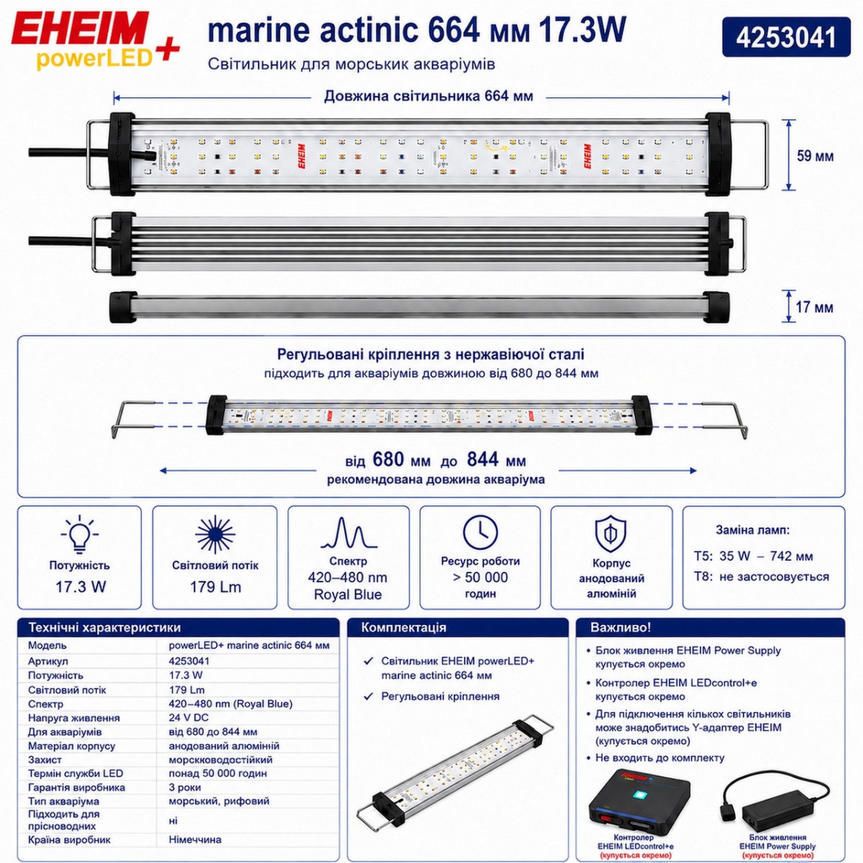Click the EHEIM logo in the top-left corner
coord(96,40)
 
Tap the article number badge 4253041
coord(786,37)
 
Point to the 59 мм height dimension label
coord(815,156)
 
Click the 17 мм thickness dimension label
coord(814,307)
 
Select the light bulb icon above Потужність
coord(80,534)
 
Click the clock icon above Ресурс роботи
coord(480,532)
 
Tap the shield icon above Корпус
coord(611,534)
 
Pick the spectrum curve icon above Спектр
coord(348,533)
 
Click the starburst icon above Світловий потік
coord(215,534)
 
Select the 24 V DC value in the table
coord(188,718)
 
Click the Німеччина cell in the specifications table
coord(195,839)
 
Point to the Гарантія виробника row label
coord(76,787)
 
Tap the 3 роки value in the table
coord(185,787)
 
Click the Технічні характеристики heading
coord(105,627)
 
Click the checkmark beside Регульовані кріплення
coord(369,696)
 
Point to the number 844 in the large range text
coord(483,459)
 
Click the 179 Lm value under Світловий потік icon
coord(216,587)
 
